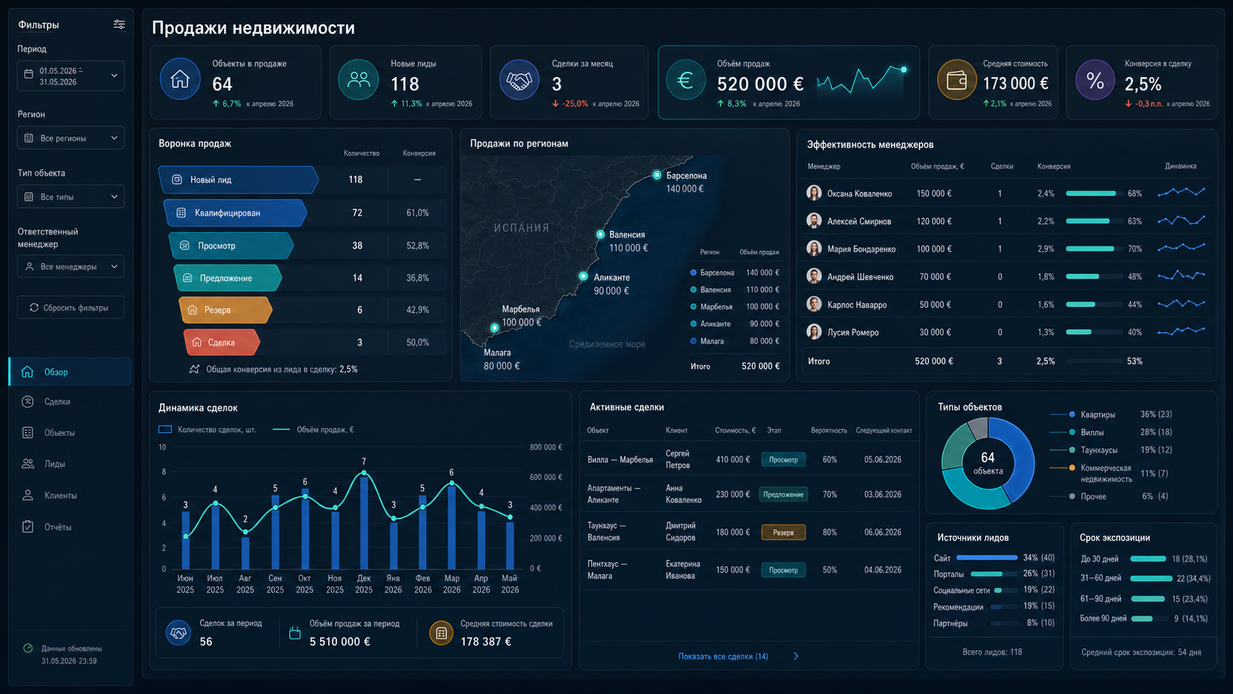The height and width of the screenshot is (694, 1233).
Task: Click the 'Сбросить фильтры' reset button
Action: (71, 308)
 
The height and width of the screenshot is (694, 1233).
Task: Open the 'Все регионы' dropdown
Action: (71, 138)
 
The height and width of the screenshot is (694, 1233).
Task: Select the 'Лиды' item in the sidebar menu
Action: (55, 464)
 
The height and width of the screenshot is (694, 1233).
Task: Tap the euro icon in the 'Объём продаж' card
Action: (685, 81)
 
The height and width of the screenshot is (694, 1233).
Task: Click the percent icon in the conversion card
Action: (1095, 81)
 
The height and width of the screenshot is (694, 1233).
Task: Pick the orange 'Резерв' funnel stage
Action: (225, 310)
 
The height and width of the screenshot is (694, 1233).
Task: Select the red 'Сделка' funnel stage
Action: (221, 342)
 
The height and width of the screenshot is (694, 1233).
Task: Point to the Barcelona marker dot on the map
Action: (656, 175)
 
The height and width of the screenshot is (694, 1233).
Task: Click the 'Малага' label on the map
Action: (497, 353)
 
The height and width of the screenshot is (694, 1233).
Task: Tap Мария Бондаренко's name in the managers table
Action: (861, 249)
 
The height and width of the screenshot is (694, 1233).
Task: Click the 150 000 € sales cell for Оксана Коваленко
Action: (934, 194)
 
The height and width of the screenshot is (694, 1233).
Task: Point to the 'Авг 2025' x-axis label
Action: (245, 584)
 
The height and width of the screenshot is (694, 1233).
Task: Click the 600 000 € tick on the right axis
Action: (546, 477)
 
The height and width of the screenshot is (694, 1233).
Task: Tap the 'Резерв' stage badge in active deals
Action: (782, 532)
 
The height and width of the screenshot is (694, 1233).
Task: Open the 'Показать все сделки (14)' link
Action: (723, 656)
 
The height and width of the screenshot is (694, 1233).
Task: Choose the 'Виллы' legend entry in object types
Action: (1092, 433)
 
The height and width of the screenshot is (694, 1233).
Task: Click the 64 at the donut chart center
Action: (987, 457)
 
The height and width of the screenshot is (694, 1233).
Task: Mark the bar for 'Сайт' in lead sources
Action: (987, 558)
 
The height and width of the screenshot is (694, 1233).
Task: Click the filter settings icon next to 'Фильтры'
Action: (119, 25)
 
